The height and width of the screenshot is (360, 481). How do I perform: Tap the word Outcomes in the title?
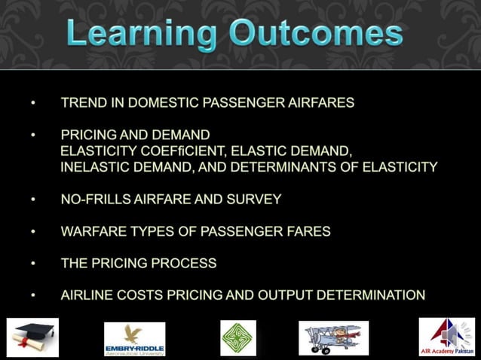[316, 35]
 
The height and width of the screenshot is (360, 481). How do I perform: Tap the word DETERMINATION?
[370, 295]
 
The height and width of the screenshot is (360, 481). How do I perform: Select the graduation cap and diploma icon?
[32, 337]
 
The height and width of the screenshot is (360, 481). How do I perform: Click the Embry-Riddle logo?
[134, 338]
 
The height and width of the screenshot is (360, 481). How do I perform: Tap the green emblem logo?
[237, 337]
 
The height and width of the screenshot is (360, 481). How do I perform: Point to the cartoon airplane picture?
[333, 337]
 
